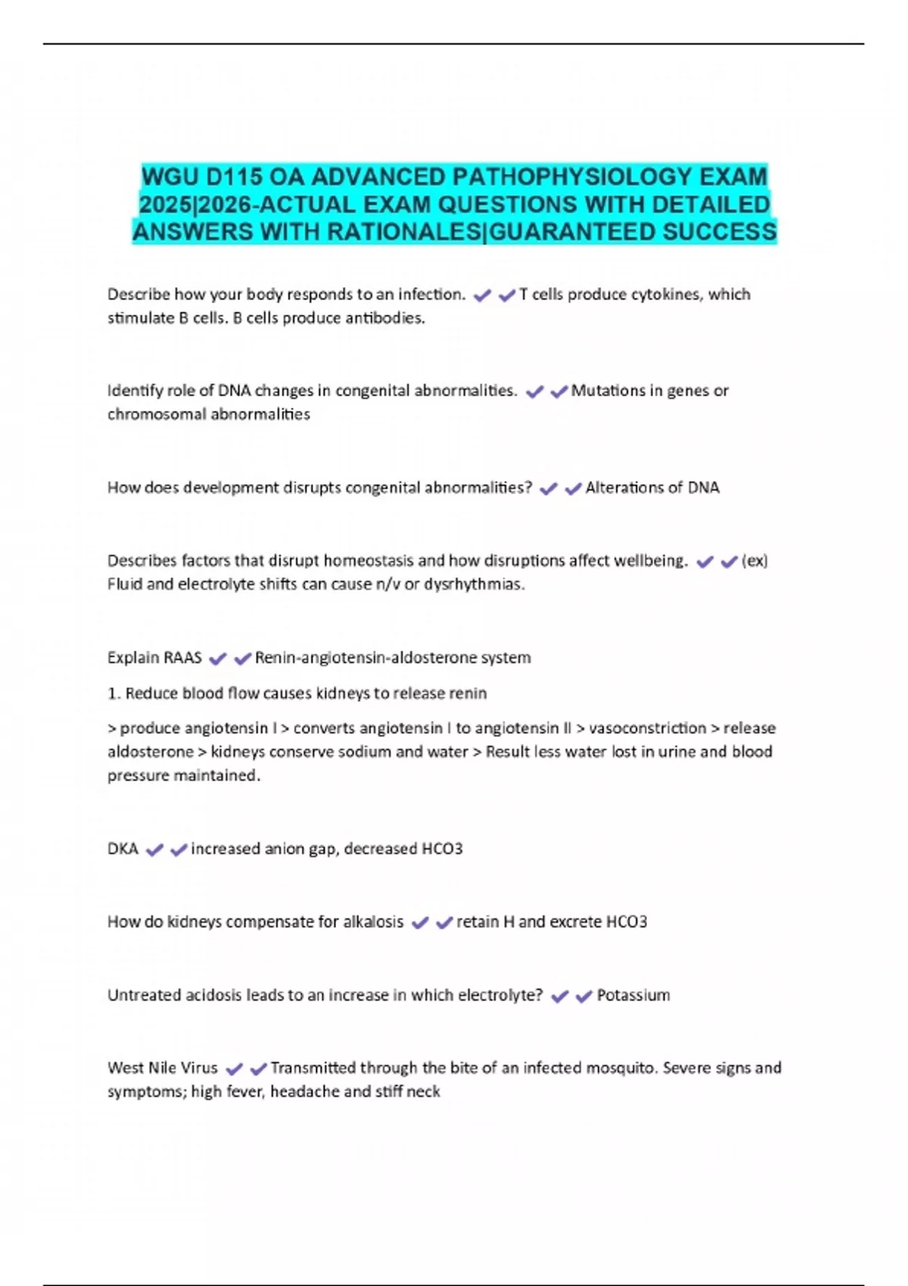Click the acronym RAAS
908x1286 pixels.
pos(182,658)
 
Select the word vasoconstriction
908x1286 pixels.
pos(647,728)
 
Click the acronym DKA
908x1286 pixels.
pos(123,850)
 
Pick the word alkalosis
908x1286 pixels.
pos(373,922)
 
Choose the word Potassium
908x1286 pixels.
pos(633,996)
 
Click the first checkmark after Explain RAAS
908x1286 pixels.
pos(218,659)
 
